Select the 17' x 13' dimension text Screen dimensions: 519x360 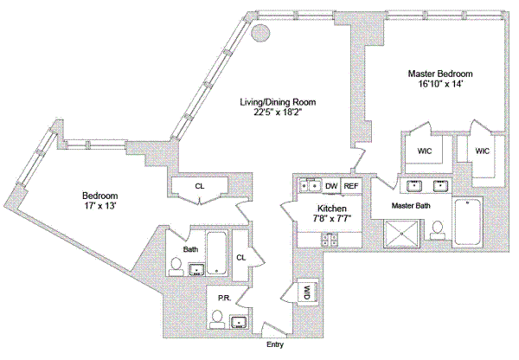(x=99, y=207)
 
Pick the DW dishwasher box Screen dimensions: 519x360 (x=331, y=186)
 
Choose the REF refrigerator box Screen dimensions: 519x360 (x=351, y=186)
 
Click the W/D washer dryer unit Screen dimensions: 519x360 (x=307, y=293)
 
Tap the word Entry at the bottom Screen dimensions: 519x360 (x=274, y=345)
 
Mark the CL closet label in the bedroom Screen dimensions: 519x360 (x=199, y=185)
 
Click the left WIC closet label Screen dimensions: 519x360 (x=424, y=151)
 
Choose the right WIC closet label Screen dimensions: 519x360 (x=482, y=151)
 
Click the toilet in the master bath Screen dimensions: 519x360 (x=439, y=229)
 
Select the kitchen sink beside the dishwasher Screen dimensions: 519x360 (x=309, y=185)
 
